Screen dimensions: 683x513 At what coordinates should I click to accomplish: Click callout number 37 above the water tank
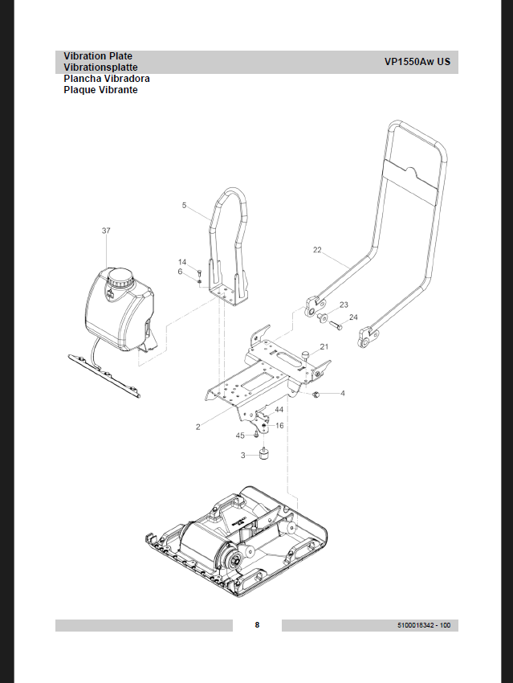tap(106, 231)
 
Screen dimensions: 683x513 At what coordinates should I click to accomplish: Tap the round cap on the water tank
tap(122, 278)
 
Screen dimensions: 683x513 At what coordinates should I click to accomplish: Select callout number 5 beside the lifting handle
tap(184, 206)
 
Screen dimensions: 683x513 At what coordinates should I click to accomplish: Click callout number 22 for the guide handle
tap(317, 250)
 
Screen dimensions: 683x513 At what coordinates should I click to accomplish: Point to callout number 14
tap(182, 262)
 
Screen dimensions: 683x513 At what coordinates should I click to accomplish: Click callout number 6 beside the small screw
tap(181, 272)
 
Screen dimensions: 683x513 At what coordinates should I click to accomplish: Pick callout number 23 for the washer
tap(344, 305)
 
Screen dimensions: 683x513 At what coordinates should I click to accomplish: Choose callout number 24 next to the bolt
tap(353, 317)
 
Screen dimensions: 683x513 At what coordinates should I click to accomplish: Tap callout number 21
tap(324, 347)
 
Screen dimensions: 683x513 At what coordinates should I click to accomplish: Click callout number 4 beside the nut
tap(343, 394)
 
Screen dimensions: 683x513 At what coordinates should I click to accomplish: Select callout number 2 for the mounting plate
tap(197, 427)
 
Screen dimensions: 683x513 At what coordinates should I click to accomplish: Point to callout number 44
tap(279, 410)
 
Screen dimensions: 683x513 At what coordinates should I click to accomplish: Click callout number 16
tap(279, 425)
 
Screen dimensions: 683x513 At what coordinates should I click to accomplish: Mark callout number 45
tap(239, 436)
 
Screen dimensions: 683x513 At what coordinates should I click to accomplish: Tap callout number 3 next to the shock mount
tap(243, 456)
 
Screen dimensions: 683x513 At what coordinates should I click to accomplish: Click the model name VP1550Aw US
tap(417, 62)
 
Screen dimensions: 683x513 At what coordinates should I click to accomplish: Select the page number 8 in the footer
tap(257, 625)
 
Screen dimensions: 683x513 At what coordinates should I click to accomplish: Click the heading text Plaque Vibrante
tap(100, 90)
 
